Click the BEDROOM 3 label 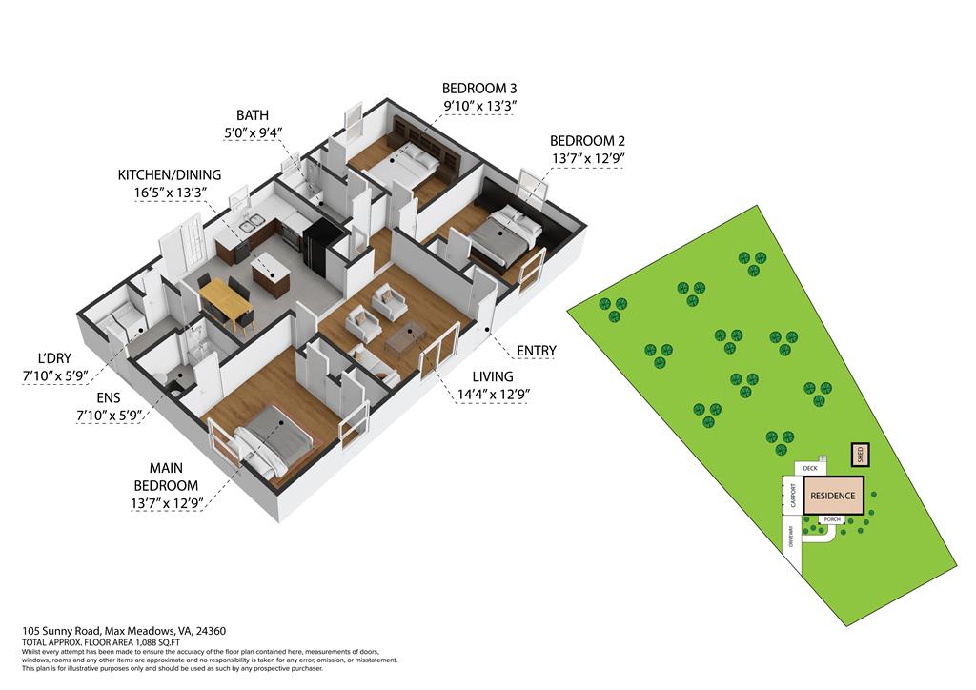point(479,89)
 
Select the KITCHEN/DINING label point(170,175)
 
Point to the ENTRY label point(536,351)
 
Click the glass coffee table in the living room point(407,339)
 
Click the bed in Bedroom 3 point(403,169)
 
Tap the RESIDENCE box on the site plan point(833,496)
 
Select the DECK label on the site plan point(810,468)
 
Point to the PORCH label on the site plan point(828,520)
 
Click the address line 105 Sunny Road point(124,631)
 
